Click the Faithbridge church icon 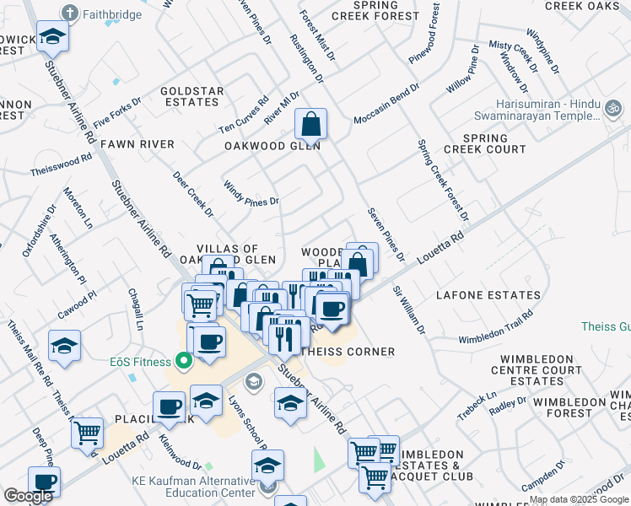tap(69, 13)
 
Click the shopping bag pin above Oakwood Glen tap(311, 124)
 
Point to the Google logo tap(28, 496)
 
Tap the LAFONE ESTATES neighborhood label tap(488, 295)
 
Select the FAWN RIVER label tap(137, 145)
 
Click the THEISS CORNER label tap(348, 352)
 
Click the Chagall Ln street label tap(136, 310)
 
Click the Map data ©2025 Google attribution tap(579, 499)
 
